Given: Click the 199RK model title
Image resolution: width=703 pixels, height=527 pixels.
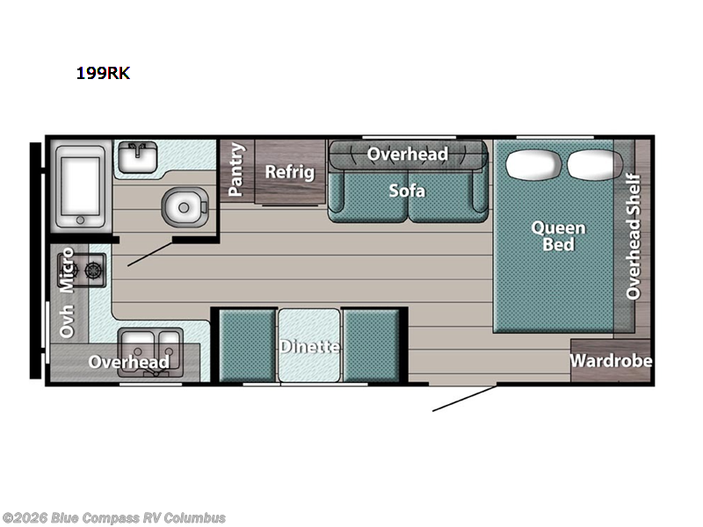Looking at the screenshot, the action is click(x=103, y=73).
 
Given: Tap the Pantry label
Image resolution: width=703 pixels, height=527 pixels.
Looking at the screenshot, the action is click(x=236, y=170).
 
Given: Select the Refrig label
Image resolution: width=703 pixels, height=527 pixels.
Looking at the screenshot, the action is click(x=290, y=172).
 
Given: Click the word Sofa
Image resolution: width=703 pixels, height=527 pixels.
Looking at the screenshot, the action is click(x=407, y=191).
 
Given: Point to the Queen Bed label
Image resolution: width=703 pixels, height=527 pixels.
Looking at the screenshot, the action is click(x=558, y=236).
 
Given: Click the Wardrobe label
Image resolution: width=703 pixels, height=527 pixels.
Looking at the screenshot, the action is click(x=611, y=361).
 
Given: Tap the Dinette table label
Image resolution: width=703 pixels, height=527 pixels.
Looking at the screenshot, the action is click(x=309, y=346).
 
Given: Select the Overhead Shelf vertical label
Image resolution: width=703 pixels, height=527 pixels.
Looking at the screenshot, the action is click(x=634, y=236).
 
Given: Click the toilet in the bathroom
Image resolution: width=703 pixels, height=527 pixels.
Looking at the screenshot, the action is click(x=185, y=207).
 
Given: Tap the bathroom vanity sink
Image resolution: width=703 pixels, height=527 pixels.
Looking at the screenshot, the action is click(x=138, y=157).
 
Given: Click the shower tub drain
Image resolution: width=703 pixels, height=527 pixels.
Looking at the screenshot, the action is click(x=80, y=220).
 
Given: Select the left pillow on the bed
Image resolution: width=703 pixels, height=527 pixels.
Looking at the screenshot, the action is click(x=533, y=164).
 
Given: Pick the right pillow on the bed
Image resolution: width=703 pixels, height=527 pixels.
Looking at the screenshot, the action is click(x=595, y=164).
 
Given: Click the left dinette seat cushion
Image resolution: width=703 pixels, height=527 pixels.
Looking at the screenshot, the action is click(x=247, y=345).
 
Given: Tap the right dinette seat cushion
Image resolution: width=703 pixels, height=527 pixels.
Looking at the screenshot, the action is click(x=371, y=345).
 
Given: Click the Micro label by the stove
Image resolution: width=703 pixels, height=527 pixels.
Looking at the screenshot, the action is click(x=67, y=270).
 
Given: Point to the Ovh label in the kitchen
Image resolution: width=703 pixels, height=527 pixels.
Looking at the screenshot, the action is click(x=67, y=321).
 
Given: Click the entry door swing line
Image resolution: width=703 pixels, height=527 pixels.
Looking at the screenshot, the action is click(x=465, y=398).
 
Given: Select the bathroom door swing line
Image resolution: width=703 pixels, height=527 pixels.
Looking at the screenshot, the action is click(x=150, y=254).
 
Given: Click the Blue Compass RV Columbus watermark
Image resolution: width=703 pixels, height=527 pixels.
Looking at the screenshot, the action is click(x=113, y=518).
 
